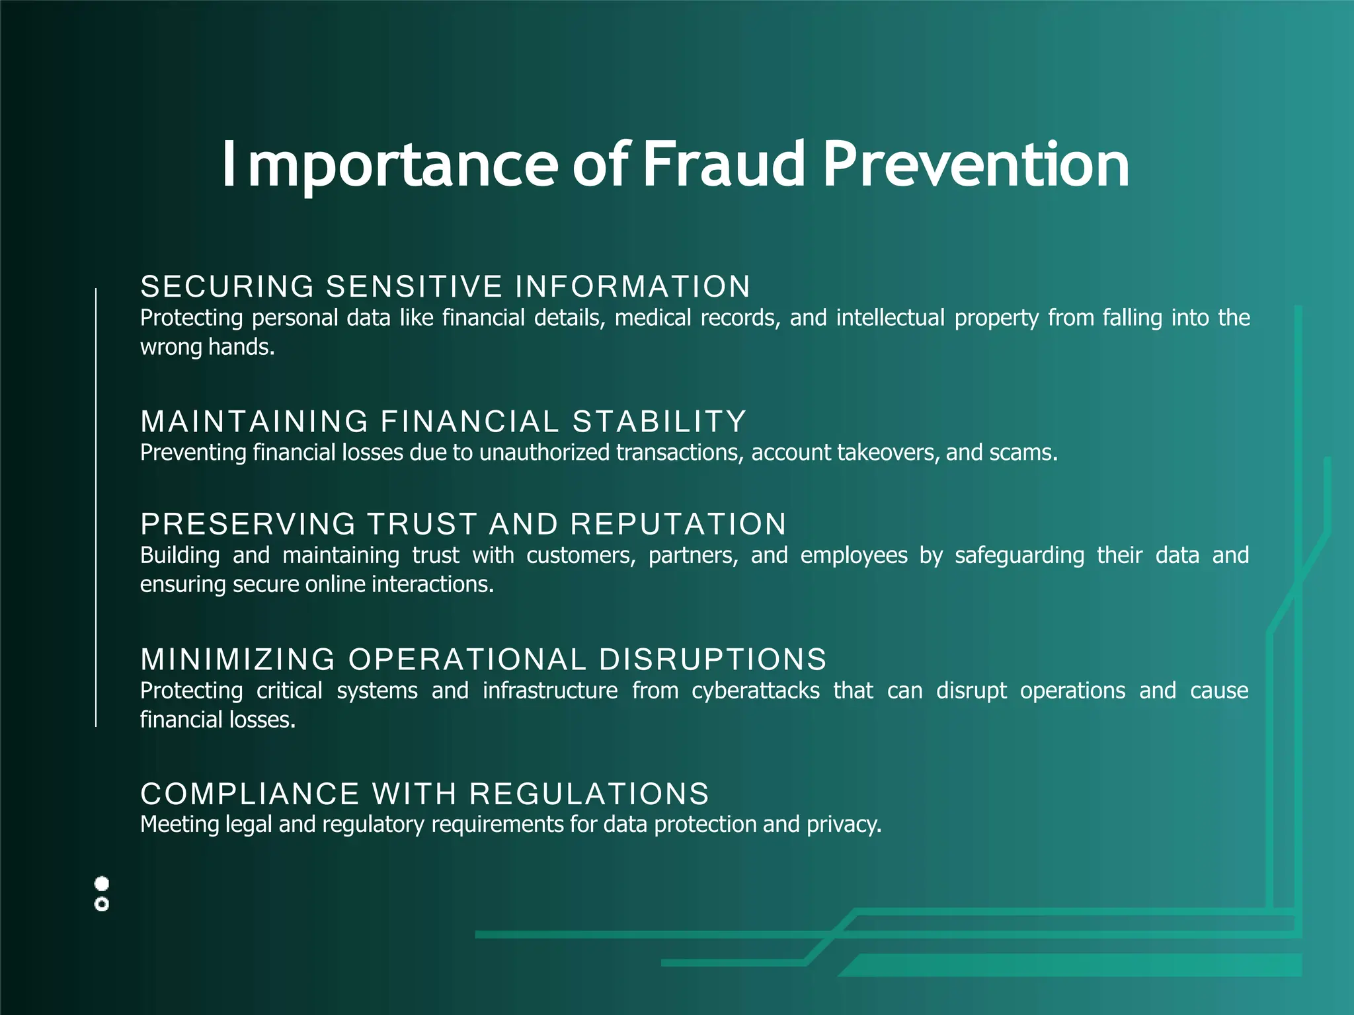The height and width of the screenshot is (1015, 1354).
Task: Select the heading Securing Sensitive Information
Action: [x=446, y=287]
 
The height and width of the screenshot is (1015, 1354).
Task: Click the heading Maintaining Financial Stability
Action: [x=444, y=422]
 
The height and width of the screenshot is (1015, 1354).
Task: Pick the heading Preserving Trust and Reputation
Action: [x=463, y=524]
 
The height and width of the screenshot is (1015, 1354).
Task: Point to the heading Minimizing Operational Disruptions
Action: [x=483, y=659]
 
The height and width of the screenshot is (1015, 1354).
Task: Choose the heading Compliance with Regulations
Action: [x=425, y=794]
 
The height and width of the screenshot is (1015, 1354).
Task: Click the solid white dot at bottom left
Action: [x=102, y=883]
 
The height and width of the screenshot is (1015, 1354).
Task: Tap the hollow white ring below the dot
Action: [x=102, y=905]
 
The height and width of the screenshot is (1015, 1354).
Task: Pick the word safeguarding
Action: [x=1019, y=556]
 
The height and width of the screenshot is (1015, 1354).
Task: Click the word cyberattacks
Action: [x=755, y=691]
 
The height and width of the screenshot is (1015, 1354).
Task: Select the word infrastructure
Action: [x=550, y=691]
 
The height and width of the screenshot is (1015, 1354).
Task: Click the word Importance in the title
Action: [x=389, y=165]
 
